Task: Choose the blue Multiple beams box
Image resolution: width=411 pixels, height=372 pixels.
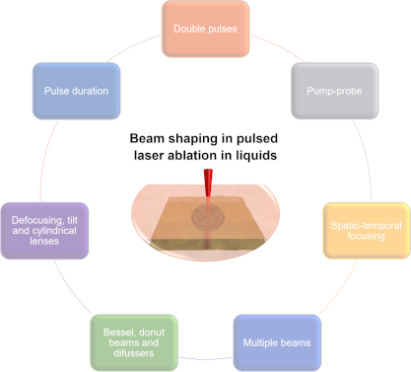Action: point(276,342)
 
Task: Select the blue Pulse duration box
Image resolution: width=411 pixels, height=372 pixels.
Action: point(76,91)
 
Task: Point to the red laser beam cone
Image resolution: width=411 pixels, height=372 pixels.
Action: point(208,184)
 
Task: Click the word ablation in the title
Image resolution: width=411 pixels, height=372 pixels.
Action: point(201,156)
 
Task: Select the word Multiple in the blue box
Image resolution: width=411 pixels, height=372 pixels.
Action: point(259,342)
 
